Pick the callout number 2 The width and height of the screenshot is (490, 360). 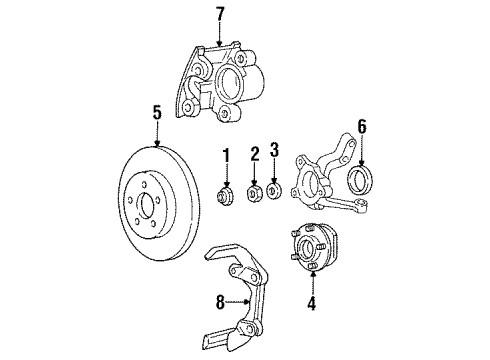(254, 153)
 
